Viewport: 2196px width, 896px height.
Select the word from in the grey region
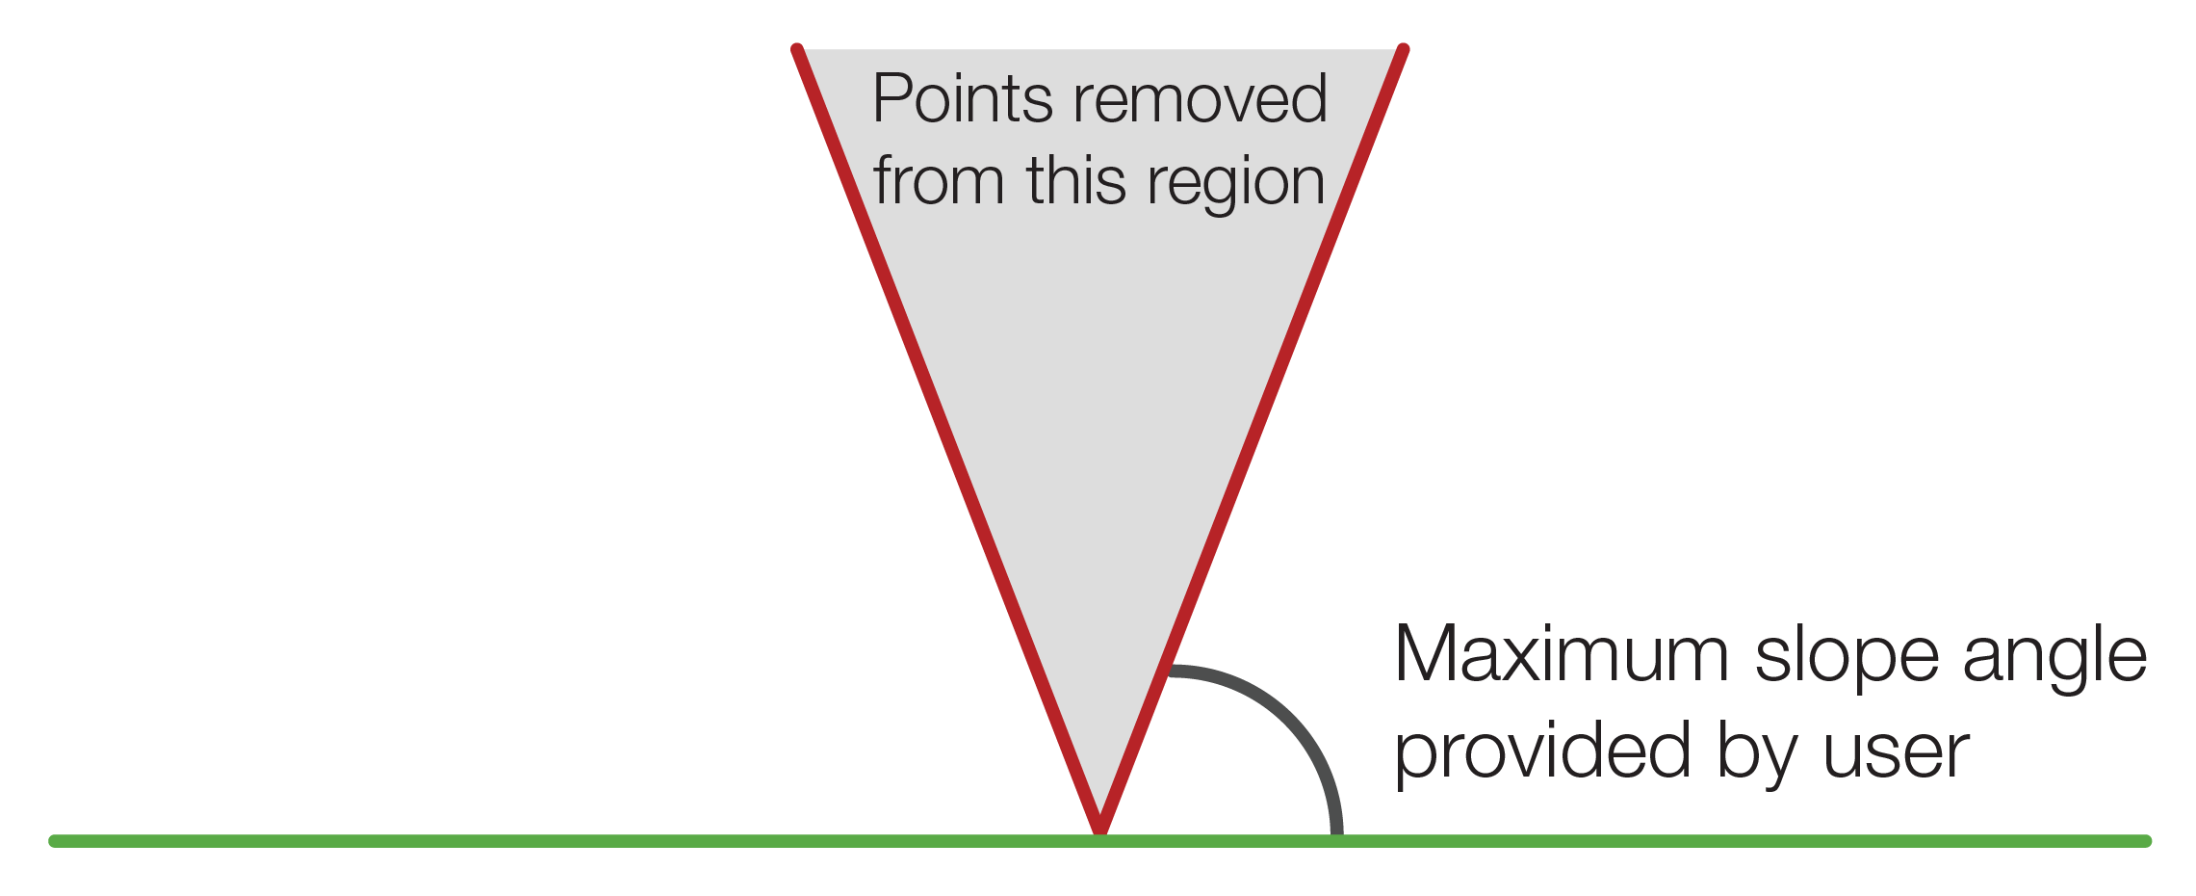939,181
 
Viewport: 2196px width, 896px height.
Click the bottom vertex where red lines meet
1099,830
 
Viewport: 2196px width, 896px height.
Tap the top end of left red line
797,49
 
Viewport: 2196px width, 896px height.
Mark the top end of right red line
1403,49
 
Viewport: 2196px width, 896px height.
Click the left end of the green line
55,841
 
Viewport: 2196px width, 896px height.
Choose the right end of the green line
2145,841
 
